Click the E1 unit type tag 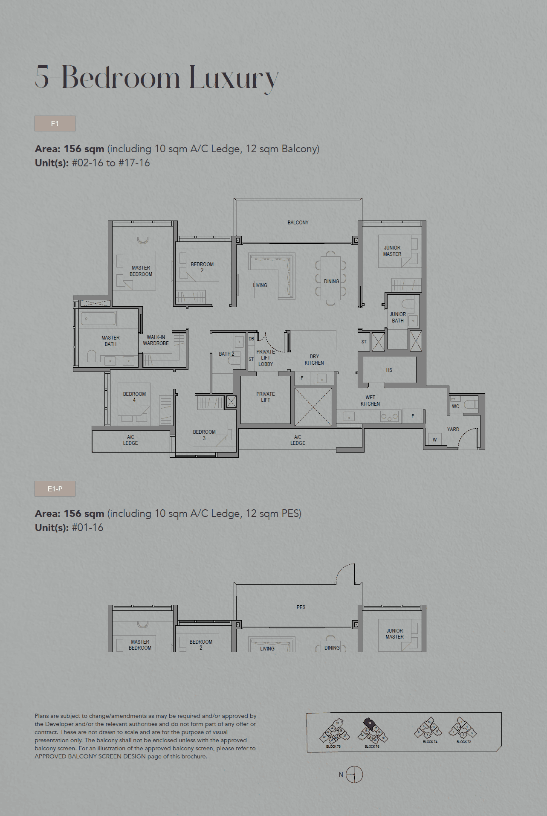coord(55,124)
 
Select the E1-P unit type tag coord(55,489)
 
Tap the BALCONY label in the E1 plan coord(298,223)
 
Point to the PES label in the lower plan coord(301,607)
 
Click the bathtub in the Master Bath coord(98,319)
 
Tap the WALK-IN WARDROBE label coord(156,340)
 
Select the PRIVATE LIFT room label coord(266,397)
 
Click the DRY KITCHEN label coord(314,360)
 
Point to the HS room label coord(389,370)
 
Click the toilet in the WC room coord(471,404)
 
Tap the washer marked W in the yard coord(434,440)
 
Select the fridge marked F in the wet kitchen coord(413,416)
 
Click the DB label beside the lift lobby coord(251,339)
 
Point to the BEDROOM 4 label coord(134,397)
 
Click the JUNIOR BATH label coord(398,317)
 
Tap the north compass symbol coord(354,775)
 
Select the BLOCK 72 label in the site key coord(464,742)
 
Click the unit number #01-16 coord(88,528)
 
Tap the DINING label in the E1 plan coord(331,282)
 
